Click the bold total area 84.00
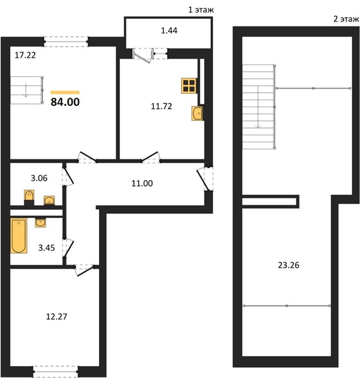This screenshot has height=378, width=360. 65,102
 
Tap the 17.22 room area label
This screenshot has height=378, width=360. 25,55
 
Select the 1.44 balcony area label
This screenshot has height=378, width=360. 169,31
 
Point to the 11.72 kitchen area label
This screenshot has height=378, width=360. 161,106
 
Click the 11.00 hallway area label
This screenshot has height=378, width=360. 142,183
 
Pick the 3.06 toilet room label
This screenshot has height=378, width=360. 39,178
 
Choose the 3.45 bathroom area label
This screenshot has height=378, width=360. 47,248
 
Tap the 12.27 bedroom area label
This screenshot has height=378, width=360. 57,316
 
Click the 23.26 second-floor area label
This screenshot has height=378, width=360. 289,265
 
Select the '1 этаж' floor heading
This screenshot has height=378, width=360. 200,10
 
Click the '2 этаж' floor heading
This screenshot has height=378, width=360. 346,19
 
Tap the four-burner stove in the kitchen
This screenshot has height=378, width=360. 189,86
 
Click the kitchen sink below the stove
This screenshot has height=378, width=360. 197,113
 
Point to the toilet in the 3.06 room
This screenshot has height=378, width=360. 29,197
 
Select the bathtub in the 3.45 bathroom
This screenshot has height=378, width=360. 18,236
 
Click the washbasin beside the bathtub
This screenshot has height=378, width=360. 40,223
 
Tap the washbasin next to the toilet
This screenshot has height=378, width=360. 49,200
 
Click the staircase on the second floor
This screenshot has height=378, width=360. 259,107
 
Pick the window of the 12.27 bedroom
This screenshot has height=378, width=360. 55,371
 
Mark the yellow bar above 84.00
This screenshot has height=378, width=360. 65,93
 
